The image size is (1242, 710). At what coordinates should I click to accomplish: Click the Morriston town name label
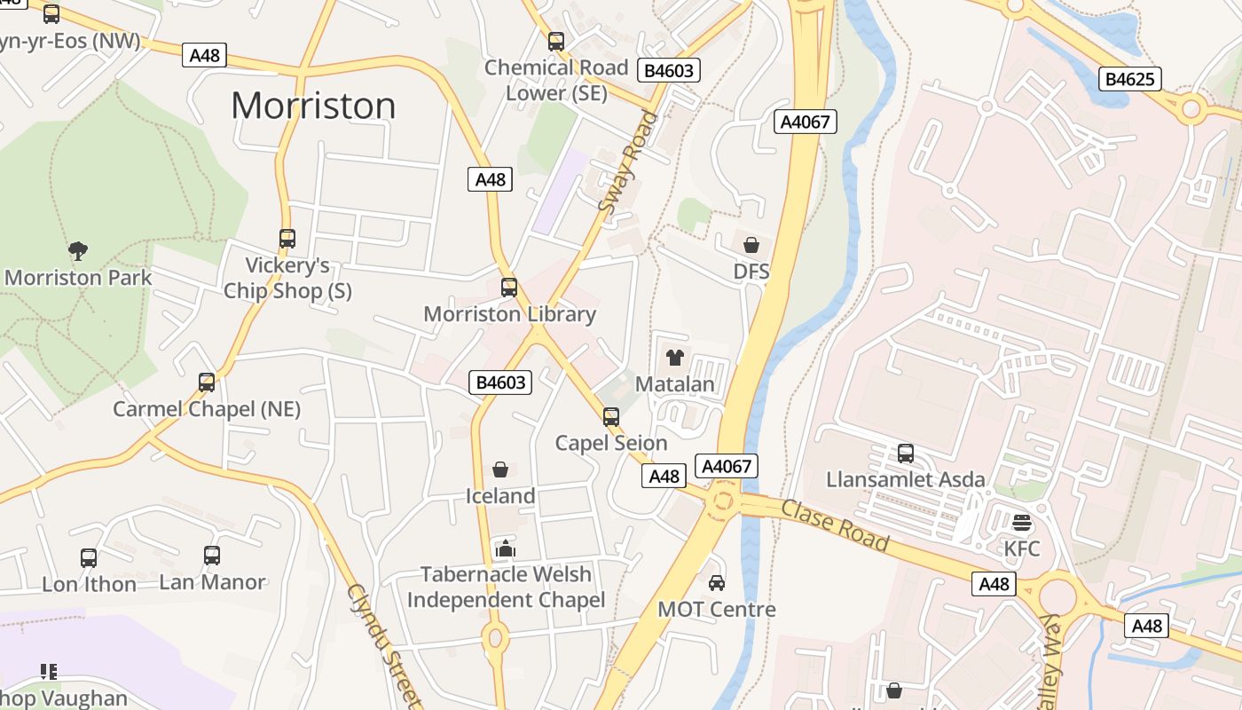[313, 106]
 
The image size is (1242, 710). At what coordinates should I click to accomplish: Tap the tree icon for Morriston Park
[78, 251]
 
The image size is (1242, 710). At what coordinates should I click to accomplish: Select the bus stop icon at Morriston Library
[509, 288]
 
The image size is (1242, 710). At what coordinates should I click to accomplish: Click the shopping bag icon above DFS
[751, 244]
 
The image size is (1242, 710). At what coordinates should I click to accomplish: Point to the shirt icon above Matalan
[675, 359]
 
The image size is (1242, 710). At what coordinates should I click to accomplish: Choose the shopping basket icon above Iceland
[500, 469]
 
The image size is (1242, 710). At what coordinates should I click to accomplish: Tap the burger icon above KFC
[1022, 522]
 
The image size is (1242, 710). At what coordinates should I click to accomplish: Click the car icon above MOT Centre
[717, 583]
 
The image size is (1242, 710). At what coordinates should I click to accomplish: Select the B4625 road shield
[1130, 79]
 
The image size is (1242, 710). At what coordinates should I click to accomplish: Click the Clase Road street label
[835, 524]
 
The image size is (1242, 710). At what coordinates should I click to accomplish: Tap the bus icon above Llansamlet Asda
[906, 454]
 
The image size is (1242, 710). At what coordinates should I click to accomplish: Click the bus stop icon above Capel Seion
[611, 416]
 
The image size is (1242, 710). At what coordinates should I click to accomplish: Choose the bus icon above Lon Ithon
[89, 557]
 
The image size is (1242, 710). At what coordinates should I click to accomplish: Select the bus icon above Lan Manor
[212, 556]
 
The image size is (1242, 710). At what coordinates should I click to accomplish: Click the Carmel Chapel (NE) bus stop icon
[207, 383]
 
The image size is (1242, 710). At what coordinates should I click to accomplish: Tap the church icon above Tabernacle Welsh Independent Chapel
[506, 548]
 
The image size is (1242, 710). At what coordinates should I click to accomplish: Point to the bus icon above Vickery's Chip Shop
[287, 239]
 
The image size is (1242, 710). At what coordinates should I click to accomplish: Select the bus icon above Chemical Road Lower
[556, 41]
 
